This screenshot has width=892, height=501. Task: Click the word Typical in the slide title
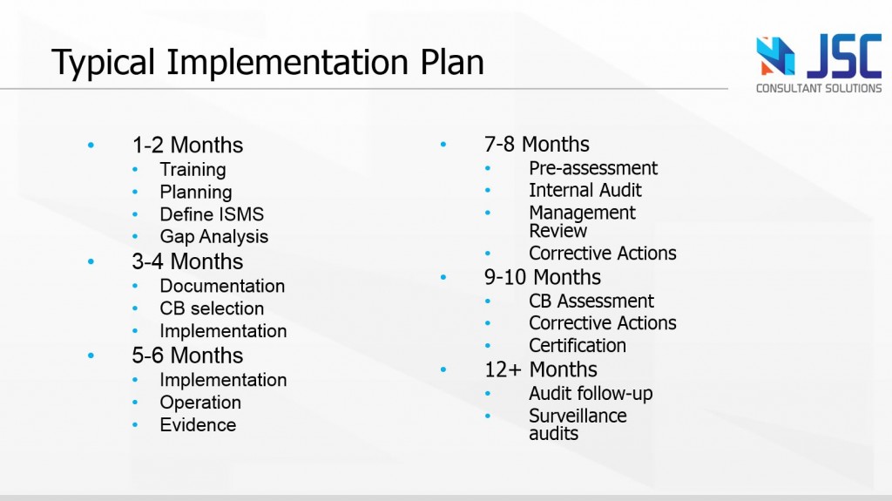point(103,63)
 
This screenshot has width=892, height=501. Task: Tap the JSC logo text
point(845,57)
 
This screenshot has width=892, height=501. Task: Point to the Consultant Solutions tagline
point(819,88)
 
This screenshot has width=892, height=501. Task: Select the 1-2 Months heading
point(188,146)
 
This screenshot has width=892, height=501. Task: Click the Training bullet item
point(193,170)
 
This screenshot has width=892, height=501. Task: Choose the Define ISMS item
point(212,214)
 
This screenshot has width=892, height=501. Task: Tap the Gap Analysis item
point(214,237)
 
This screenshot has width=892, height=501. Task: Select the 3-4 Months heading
point(188,262)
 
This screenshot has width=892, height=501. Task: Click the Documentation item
point(222,286)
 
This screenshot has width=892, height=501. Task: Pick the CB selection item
point(212,308)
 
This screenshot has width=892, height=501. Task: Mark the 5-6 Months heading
point(188,355)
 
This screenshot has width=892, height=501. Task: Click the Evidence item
point(198,424)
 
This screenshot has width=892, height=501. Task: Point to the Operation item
point(200,403)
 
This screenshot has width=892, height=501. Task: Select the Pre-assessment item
point(593,168)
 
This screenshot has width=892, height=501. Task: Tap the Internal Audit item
point(585,190)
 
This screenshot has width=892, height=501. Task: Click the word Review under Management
point(558,231)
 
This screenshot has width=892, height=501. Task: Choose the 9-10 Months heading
point(543,277)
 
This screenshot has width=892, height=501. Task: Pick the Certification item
point(578,346)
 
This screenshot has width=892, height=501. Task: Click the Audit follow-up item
point(591,394)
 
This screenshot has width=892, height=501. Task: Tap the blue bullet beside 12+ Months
point(443,369)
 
